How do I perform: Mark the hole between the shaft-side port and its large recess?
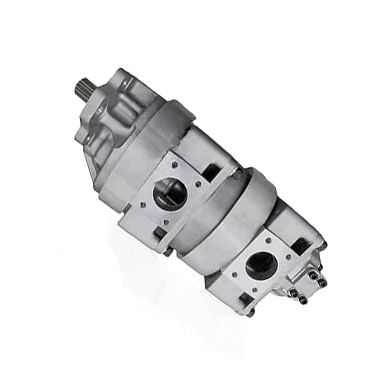click(198, 184)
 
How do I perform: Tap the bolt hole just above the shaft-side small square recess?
click(166, 222)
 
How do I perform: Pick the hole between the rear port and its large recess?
click(288, 257)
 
